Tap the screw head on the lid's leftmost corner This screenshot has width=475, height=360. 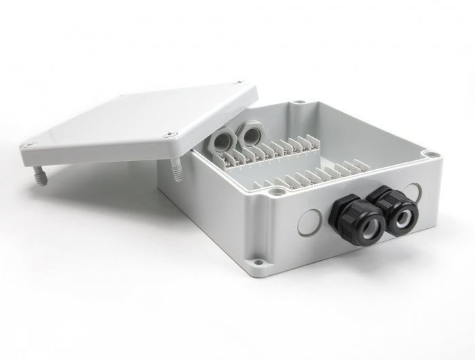(31, 143)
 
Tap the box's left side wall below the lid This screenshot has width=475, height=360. (204, 204)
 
